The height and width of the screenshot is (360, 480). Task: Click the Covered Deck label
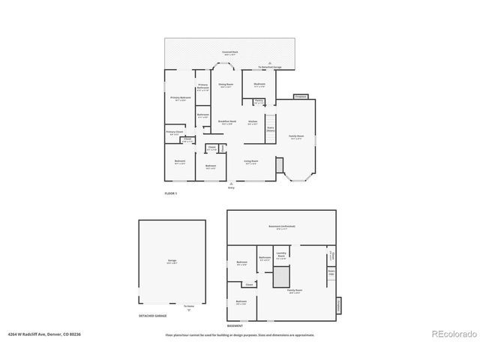[x=229, y=52]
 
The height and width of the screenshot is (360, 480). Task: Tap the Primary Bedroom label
[x=180, y=98]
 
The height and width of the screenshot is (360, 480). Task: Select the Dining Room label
[x=226, y=85]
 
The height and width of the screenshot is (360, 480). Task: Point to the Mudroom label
[x=259, y=85]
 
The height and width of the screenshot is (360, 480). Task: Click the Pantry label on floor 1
[x=258, y=101]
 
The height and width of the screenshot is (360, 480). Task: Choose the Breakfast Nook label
[x=227, y=121]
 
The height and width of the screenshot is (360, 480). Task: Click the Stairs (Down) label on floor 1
[x=271, y=129]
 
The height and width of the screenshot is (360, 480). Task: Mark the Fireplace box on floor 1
[x=301, y=97]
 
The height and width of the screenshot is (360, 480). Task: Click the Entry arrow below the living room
[x=231, y=184]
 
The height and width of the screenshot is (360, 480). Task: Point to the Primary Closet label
[x=173, y=133]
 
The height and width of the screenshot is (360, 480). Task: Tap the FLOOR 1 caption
[x=170, y=193]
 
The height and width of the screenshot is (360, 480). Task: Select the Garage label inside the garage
[x=172, y=262]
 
